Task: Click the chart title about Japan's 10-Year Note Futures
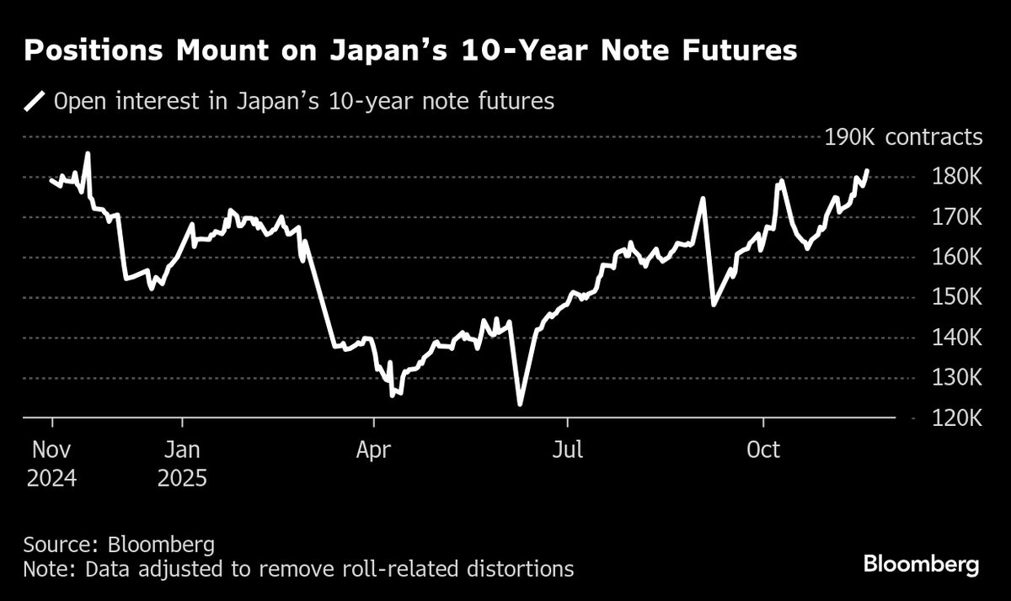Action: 410,51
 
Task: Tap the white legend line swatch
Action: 35,102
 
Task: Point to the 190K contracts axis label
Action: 903,137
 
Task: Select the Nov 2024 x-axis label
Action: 51,464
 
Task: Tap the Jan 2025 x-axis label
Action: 181,464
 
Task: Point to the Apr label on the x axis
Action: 373,450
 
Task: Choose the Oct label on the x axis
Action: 763,450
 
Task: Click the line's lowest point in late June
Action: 520,404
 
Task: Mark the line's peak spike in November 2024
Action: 88,154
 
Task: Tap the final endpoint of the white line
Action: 867,170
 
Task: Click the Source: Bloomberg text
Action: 107,543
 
